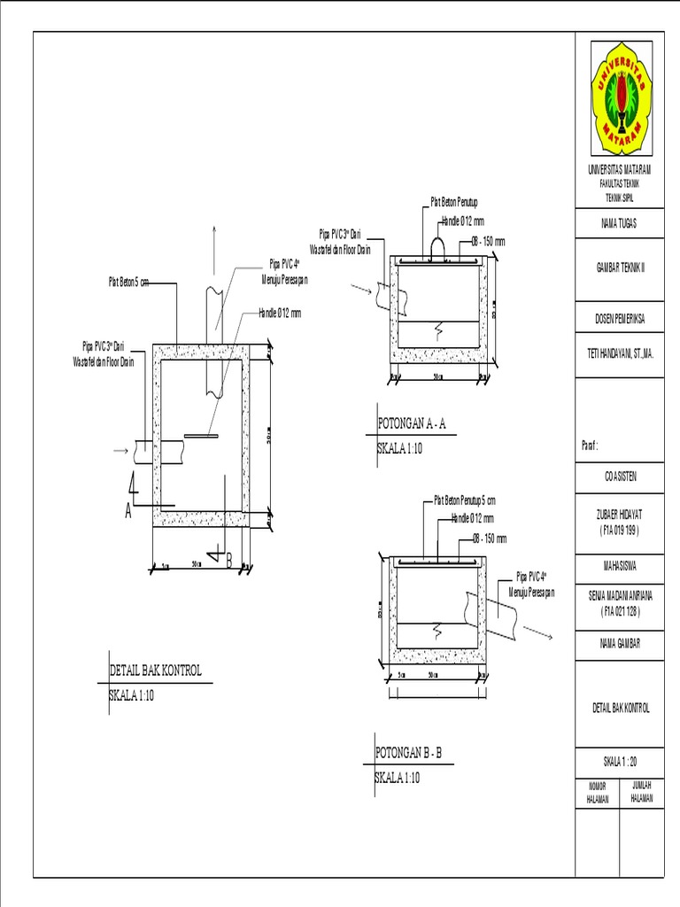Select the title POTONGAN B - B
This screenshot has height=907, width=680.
coord(408,754)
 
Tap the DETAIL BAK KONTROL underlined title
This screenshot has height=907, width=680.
coord(155,671)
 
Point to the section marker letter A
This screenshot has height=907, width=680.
coord(128,513)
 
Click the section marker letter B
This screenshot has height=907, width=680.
coord(228,561)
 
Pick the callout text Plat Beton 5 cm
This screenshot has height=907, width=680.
coord(128,283)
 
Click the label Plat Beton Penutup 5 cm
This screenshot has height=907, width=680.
coord(465,500)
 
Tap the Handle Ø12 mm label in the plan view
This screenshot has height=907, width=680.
coord(280,313)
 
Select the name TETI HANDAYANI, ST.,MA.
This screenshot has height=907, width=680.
coord(619,352)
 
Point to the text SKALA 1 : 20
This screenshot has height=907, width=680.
coord(619,761)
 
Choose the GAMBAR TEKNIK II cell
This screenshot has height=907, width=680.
coord(619,266)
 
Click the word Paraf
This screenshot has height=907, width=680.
coord(591,445)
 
